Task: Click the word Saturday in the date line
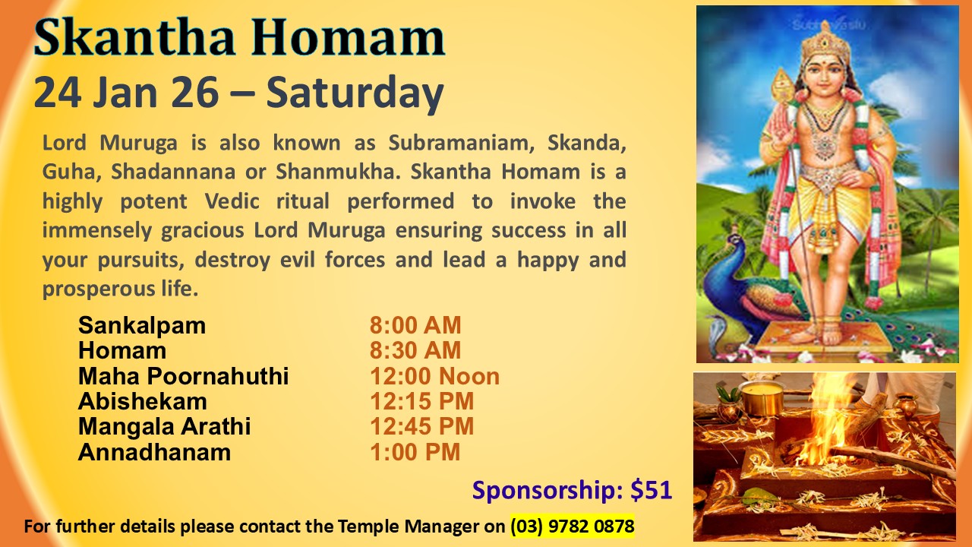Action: [355, 93]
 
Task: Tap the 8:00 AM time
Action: [415, 325]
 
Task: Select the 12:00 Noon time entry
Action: [434, 376]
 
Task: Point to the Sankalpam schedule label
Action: [142, 326]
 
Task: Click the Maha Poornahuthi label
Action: [183, 376]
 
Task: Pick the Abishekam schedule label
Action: [142, 401]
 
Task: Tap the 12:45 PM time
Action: [421, 426]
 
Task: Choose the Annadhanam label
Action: [154, 452]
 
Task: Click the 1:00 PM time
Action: [415, 452]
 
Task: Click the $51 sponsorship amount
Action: [652, 490]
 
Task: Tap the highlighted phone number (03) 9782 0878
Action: [573, 526]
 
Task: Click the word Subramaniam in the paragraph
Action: [461, 143]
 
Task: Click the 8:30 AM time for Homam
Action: [415, 350]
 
